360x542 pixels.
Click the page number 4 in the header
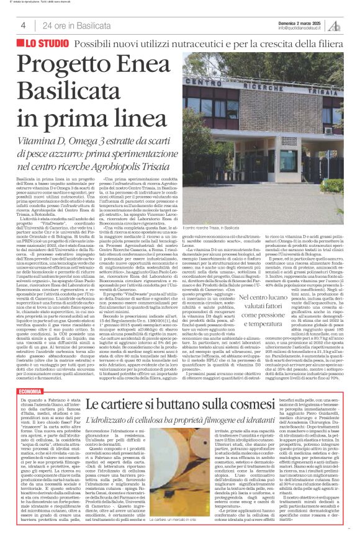[23, 25]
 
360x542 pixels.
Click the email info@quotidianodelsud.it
[301, 28]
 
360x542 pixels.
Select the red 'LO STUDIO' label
[47, 45]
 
